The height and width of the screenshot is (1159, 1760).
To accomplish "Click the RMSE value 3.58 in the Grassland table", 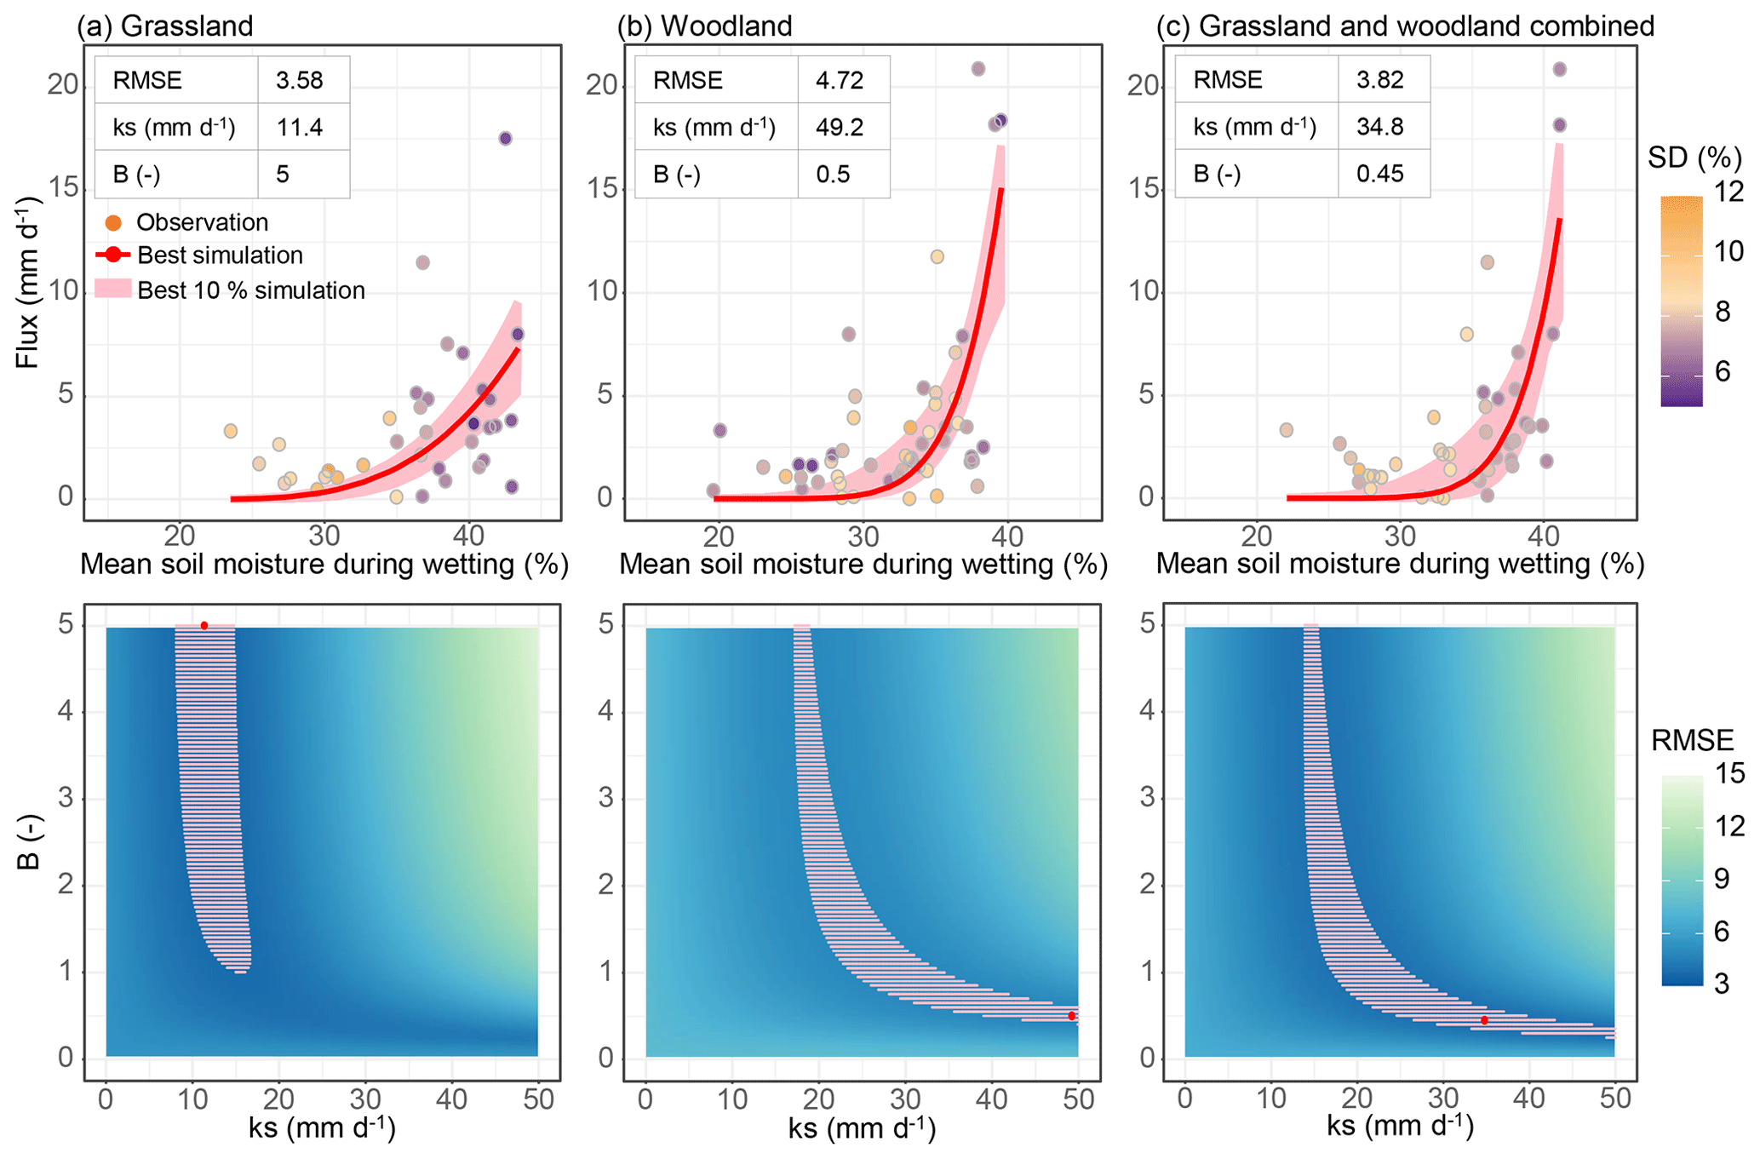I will (299, 80).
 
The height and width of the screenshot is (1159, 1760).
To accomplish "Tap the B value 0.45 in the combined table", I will (1379, 174).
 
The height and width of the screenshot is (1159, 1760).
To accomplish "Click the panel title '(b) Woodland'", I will (704, 26).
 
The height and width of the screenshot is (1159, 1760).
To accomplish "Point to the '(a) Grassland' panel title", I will (165, 26).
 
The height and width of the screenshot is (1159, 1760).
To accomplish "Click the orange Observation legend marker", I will (113, 223).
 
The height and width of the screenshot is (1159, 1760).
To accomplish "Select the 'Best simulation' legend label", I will (220, 255).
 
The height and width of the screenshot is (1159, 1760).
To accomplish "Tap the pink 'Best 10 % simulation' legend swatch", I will (113, 290).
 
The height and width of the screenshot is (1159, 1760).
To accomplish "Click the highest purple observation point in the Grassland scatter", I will (505, 138).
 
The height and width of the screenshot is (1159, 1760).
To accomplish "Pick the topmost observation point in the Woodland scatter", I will (978, 69).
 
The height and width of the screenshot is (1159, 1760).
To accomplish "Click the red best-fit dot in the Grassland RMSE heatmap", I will (204, 626).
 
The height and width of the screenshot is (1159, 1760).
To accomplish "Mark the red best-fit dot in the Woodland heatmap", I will (1071, 1016).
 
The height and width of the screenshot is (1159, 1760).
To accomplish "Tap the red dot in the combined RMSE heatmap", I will (1484, 1020).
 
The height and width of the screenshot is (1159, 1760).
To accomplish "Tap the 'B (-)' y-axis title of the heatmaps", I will (28, 843).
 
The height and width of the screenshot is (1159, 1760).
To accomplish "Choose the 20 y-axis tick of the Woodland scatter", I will (601, 85).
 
